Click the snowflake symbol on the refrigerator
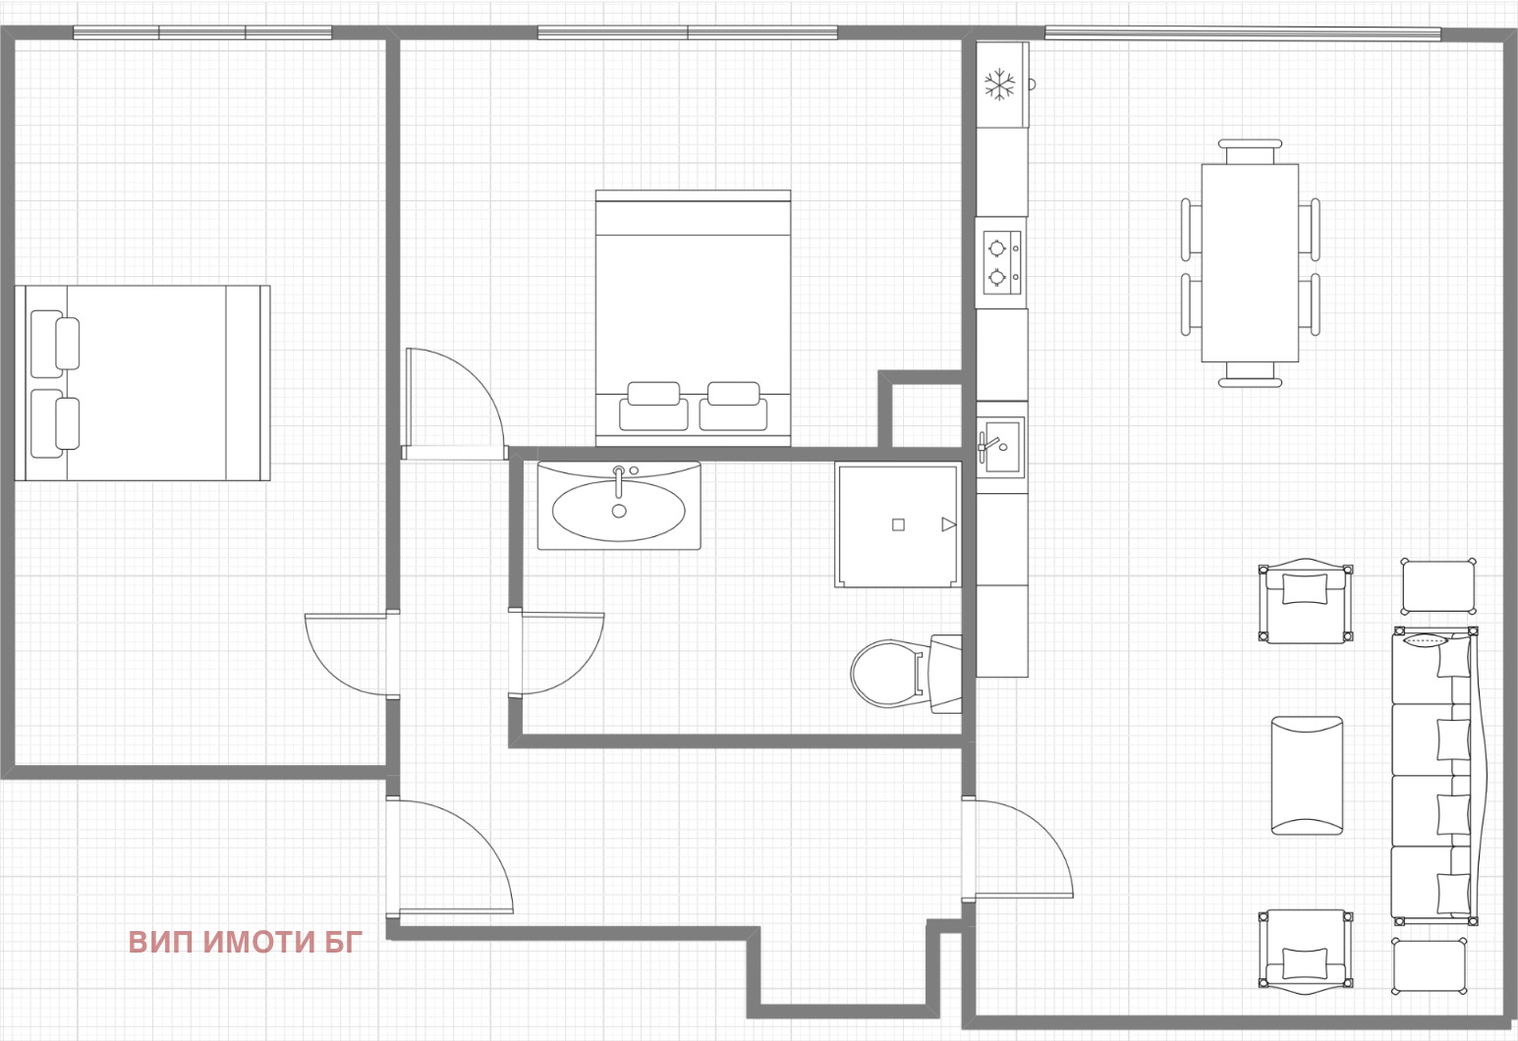(999, 85)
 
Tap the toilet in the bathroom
(905, 674)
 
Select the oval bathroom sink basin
(619, 511)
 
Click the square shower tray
(898, 524)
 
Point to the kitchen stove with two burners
(1001, 262)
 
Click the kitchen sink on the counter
(1000, 447)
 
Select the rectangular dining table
(1250, 263)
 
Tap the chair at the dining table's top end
(1250, 151)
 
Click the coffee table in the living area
(1307, 776)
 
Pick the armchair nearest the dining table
(1305, 601)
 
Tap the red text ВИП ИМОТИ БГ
(246, 942)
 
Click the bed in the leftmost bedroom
(142, 383)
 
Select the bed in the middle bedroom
(693, 317)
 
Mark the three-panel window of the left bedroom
(202, 32)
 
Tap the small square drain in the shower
(898, 524)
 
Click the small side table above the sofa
(1438, 586)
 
